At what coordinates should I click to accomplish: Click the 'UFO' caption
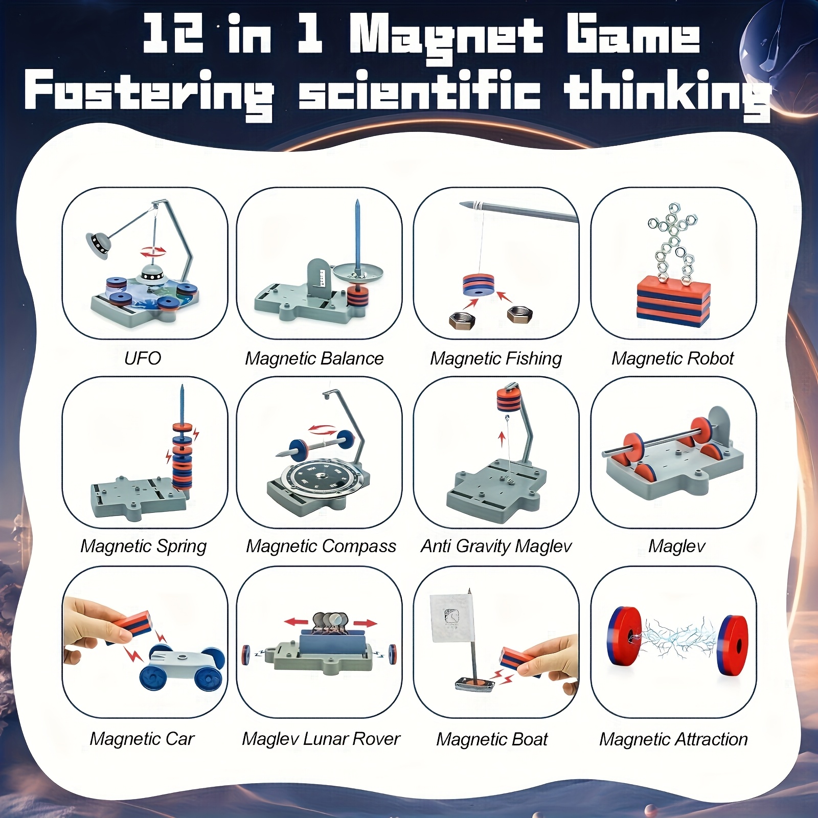click(143, 358)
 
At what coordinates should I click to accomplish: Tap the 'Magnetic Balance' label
click(314, 358)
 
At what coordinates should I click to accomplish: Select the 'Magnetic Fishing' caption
click(495, 358)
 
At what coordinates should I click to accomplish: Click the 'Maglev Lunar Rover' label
click(321, 739)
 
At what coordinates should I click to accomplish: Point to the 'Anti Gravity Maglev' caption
click(495, 546)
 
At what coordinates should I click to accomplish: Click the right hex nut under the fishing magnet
click(519, 313)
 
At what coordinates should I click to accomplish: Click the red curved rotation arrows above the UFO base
click(153, 252)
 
